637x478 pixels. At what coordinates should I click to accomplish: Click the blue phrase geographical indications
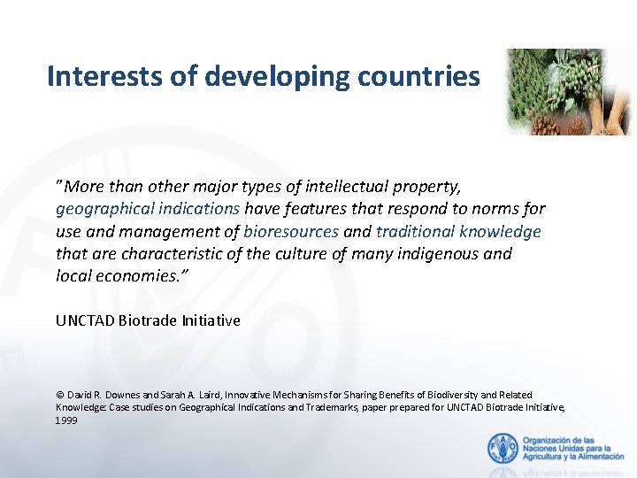[x=148, y=209]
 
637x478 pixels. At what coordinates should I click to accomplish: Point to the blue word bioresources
[x=291, y=231]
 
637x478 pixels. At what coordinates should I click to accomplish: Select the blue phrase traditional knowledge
[x=458, y=231]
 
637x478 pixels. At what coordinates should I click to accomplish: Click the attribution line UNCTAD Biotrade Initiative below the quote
[x=148, y=320]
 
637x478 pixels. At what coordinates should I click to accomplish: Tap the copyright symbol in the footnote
[x=59, y=395]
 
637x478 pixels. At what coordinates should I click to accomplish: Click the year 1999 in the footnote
[x=66, y=420]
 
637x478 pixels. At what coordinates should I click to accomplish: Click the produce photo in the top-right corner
[x=569, y=92]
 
